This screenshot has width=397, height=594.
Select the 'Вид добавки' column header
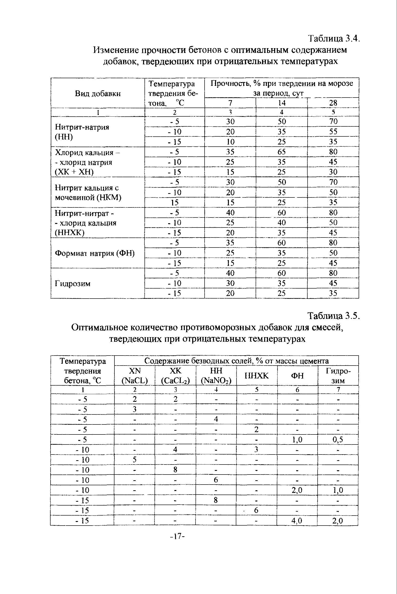click(98, 93)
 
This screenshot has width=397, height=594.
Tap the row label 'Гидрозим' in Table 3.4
click(73, 283)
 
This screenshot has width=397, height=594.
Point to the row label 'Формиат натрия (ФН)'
click(95, 253)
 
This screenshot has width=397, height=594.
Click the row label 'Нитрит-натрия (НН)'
click(82, 132)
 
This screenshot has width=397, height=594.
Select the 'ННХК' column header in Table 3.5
click(257, 376)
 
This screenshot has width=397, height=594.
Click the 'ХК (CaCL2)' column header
click(175, 376)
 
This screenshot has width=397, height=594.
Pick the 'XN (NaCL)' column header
click(134, 376)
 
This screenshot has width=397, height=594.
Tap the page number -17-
click(177, 536)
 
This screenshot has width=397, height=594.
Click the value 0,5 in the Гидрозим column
click(338, 439)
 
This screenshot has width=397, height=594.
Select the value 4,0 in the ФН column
click(297, 521)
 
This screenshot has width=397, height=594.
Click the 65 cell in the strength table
click(282, 152)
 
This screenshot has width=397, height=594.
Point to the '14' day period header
click(282, 103)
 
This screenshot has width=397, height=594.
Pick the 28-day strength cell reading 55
click(333, 131)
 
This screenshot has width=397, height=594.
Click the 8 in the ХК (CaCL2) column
click(175, 470)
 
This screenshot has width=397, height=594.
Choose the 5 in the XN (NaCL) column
click(134, 460)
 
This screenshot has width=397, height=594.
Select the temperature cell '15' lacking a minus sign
click(175, 202)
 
